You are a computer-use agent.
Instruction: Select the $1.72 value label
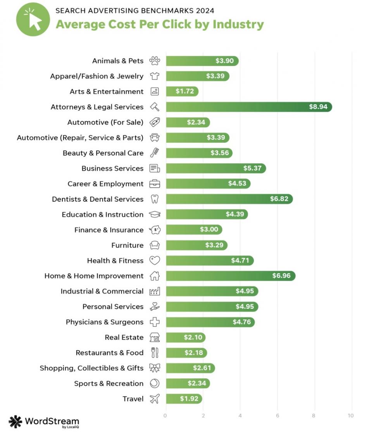click(x=184, y=92)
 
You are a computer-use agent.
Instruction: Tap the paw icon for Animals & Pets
click(x=155, y=61)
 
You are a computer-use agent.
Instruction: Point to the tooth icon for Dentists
click(x=155, y=199)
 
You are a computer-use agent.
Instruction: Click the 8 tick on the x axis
click(x=314, y=416)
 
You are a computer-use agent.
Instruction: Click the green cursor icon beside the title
click(x=33, y=19)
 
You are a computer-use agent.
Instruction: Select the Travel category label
click(x=133, y=399)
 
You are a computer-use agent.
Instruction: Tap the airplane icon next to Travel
click(x=155, y=399)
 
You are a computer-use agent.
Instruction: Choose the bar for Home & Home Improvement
click(x=231, y=276)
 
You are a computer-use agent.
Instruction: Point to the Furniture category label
click(x=127, y=246)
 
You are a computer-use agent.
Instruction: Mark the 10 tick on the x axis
click(x=351, y=416)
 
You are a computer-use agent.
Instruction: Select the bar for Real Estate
click(x=186, y=337)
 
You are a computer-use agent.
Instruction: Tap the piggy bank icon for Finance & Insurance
click(x=155, y=230)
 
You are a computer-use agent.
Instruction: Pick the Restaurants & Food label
click(x=109, y=353)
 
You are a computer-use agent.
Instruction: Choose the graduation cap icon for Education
click(x=155, y=215)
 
